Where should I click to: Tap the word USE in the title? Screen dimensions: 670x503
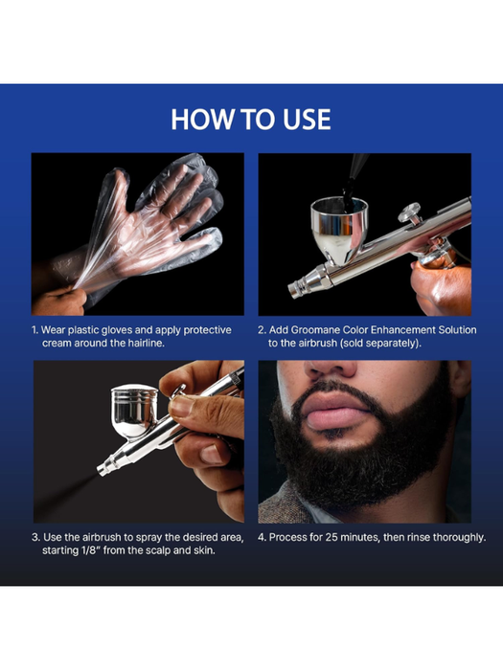click(x=302, y=119)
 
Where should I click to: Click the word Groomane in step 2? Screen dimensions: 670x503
click(x=328, y=329)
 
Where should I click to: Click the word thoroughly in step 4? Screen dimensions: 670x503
click(x=454, y=537)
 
